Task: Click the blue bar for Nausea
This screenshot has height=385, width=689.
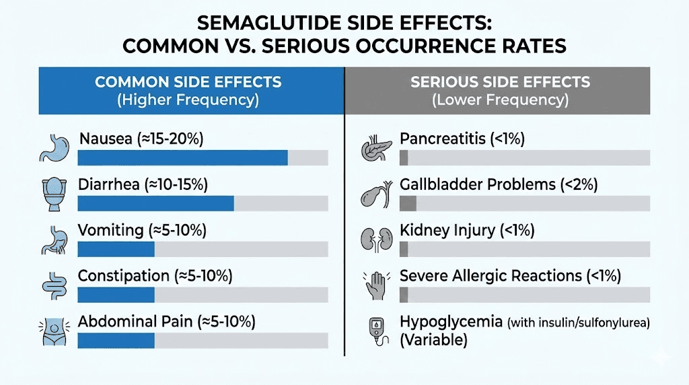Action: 182,157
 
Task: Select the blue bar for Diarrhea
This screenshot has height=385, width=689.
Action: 155,203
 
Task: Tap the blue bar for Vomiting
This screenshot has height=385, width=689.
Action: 116,249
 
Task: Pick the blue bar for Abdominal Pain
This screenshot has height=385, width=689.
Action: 116,340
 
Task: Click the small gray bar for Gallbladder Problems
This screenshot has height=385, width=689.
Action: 408,203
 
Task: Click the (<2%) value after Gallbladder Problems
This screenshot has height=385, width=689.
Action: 579,184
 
